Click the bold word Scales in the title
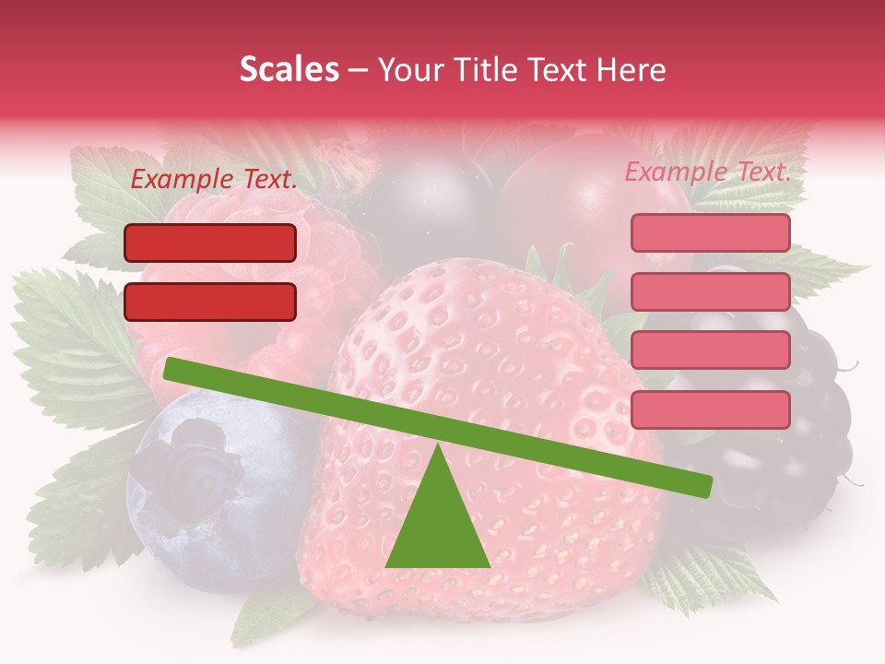tap(289, 70)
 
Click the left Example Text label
tap(213, 180)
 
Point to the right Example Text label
tap(708, 172)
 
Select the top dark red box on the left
tap(210, 243)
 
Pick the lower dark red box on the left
tap(210, 302)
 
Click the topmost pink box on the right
tap(710, 232)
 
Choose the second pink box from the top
tap(710, 291)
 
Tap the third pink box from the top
tap(710, 350)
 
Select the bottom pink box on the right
tap(710, 409)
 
